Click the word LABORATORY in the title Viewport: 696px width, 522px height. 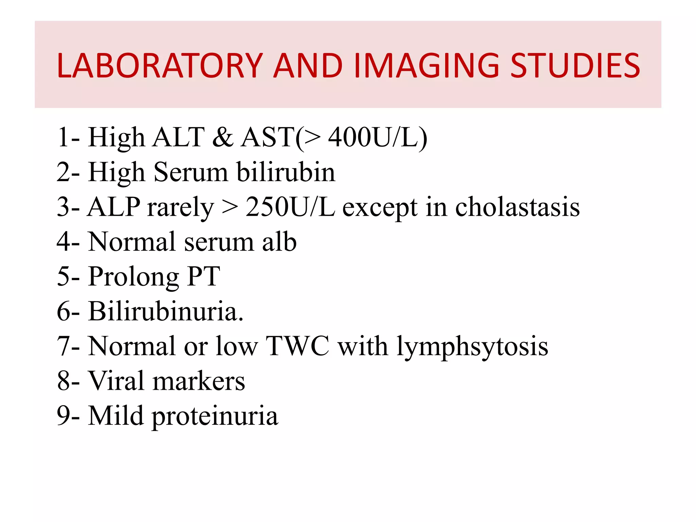(160, 66)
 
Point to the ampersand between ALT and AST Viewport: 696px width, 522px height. (223, 138)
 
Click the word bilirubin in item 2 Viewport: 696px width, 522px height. (285, 172)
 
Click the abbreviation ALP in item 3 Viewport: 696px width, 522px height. (114, 207)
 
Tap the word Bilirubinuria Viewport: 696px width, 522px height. (166, 311)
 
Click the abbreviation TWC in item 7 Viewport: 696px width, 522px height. (298, 346)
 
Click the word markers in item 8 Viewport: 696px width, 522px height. (199, 381)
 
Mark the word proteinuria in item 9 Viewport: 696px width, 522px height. (215, 416)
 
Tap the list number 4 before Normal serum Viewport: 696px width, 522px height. (64, 242)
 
